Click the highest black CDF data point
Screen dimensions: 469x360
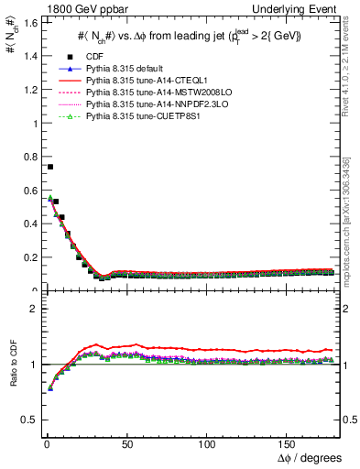click(49, 167)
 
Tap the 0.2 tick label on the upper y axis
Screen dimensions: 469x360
click(28, 256)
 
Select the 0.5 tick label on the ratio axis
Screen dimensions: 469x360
click(28, 420)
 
